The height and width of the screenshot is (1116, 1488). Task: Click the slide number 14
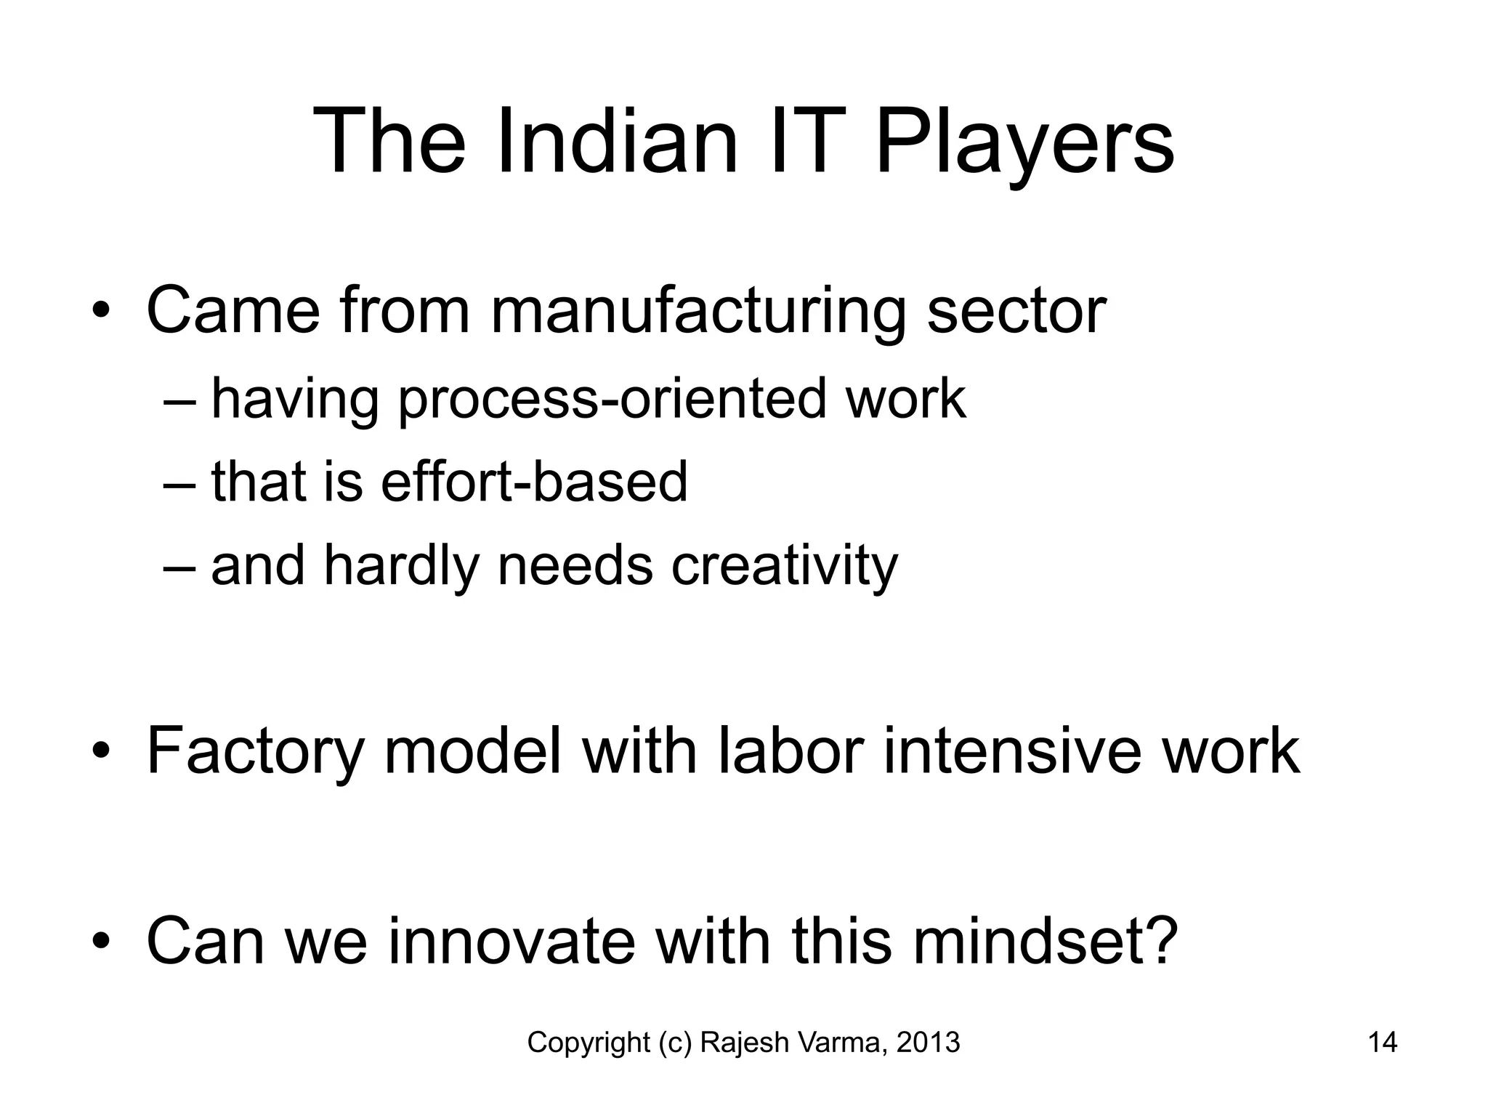tap(1382, 1043)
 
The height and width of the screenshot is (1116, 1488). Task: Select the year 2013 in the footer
tap(929, 1043)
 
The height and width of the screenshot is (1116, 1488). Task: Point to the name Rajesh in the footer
tap(745, 1043)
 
